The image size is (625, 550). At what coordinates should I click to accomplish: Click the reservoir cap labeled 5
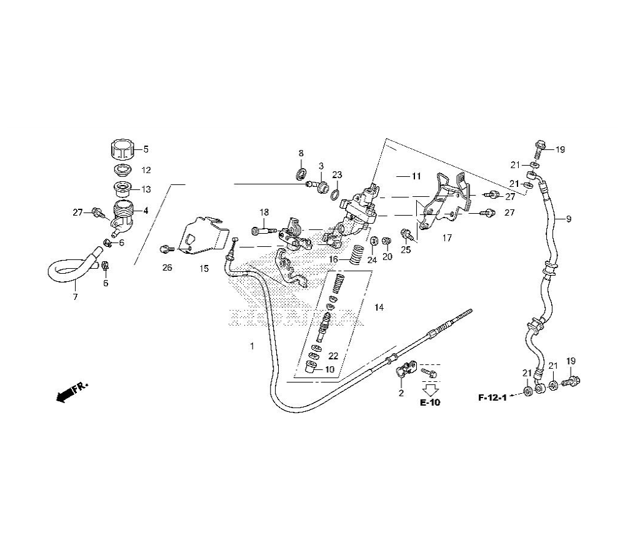(x=121, y=150)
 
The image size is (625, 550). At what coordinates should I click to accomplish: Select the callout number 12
(x=146, y=170)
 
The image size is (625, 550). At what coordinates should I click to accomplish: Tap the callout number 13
(x=146, y=189)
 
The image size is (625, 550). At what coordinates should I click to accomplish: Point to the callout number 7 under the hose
(x=75, y=297)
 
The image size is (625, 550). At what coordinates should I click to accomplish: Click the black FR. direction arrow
(x=63, y=396)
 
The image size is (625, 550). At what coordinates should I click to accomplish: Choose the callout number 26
(x=167, y=269)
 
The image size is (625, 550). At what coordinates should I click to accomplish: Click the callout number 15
(x=204, y=269)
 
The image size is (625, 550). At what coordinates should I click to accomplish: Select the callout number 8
(x=301, y=154)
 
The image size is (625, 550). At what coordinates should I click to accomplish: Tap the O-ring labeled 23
(x=336, y=192)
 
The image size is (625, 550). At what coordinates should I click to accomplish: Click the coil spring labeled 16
(x=356, y=255)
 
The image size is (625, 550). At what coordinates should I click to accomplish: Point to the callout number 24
(x=372, y=259)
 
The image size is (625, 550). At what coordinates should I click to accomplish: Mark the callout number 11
(x=417, y=177)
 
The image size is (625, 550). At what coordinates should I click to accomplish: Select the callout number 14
(x=379, y=307)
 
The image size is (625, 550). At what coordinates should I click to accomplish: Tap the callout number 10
(x=329, y=369)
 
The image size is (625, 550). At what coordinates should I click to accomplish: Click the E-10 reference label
(x=430, y=403)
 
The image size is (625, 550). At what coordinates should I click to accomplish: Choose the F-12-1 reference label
(x=492, y=397)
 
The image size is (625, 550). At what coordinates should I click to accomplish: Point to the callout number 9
(x=569, y=219)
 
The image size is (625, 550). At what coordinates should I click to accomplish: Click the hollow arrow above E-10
(x=430, y=386)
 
